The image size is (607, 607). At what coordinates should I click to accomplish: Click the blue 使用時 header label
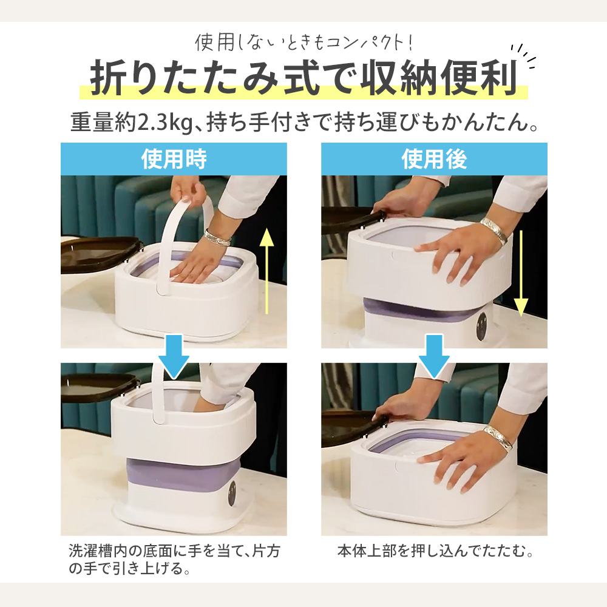coord(174,158)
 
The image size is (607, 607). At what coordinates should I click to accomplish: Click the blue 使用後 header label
coord(434,158)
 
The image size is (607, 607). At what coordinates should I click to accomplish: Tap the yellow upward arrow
coord(266,271)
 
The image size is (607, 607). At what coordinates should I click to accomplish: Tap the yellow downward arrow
coord(521,273)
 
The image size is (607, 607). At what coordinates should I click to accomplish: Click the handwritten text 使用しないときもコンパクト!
coord(304,42)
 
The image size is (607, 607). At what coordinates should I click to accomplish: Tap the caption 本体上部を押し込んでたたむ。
coord(435,551)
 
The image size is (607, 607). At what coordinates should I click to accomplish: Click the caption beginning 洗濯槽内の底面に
coord(174,560)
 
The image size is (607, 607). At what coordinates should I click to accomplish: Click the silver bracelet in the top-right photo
coord(494,230)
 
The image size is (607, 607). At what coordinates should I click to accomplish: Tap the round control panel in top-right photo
coord(482,327)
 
